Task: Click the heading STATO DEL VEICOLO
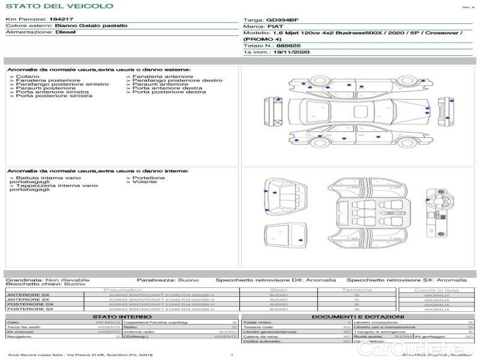point(59,6)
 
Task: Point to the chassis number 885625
point(289,45)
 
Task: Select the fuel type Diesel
point(65,32)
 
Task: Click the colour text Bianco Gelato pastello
point(91,26)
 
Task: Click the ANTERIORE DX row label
point(28,295)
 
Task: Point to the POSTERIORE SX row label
point(29,309)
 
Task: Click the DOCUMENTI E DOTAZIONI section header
point(358,316)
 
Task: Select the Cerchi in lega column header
point(436,290)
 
